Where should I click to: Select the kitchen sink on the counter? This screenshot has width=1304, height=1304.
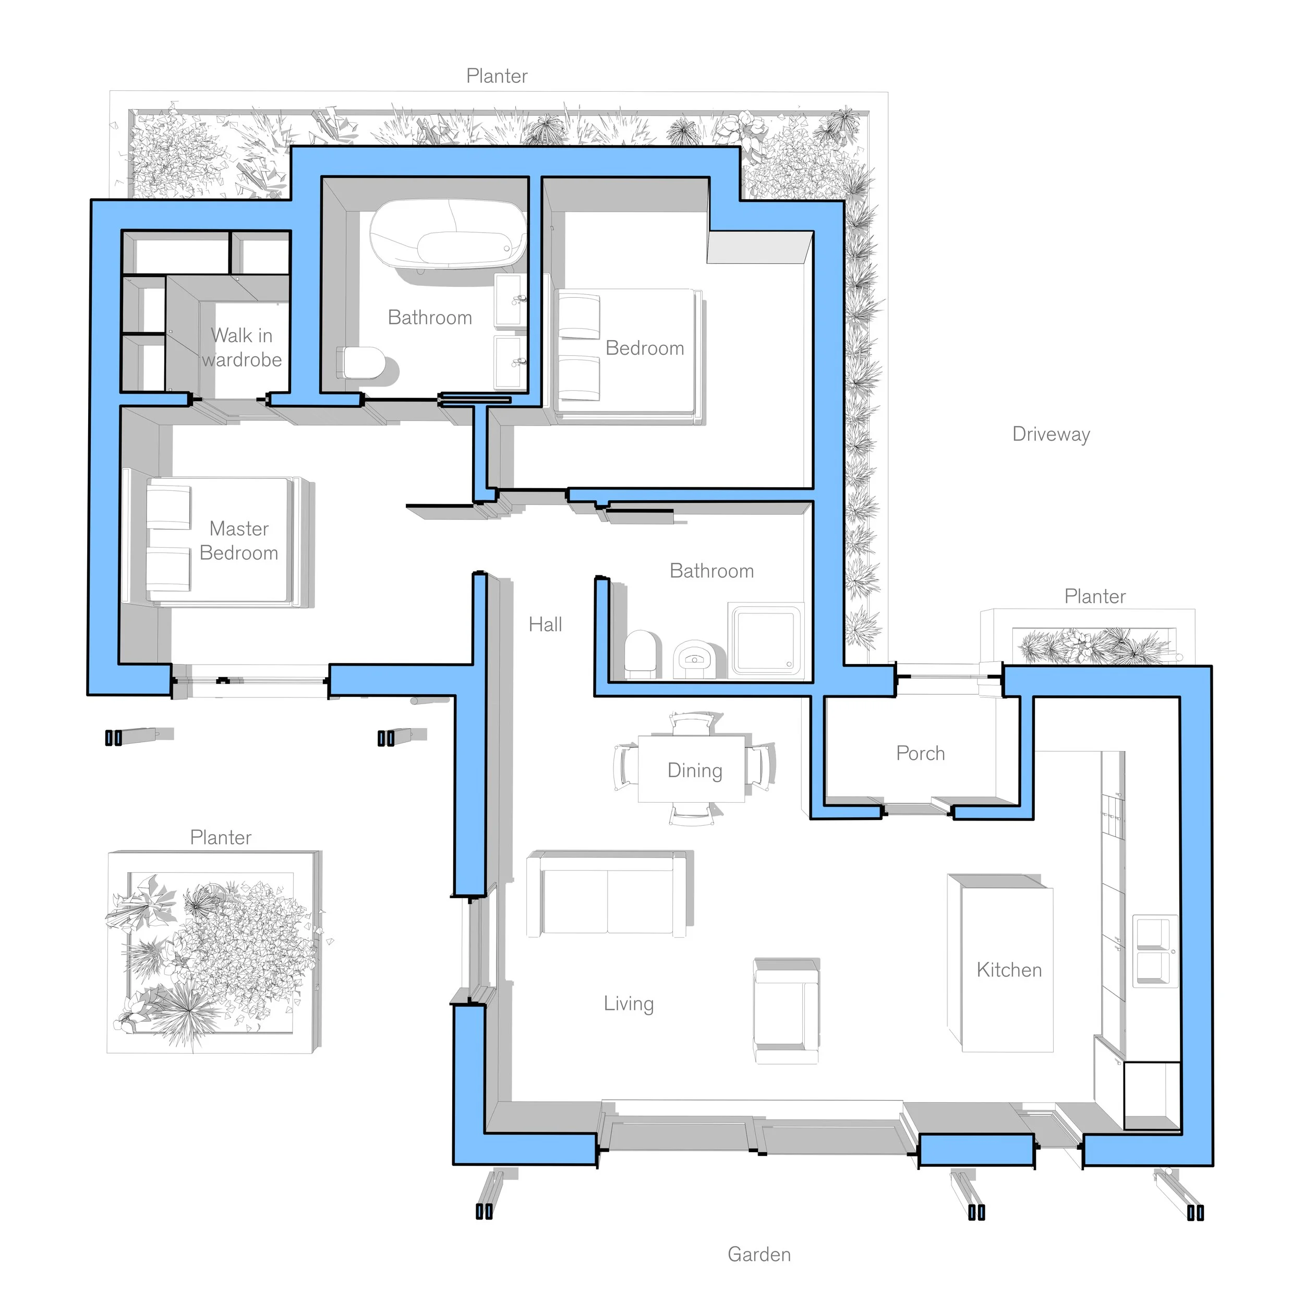click(1155, 951)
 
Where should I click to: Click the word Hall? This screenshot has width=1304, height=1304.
click(545, 624)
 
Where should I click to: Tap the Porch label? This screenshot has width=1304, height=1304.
click(920, 753)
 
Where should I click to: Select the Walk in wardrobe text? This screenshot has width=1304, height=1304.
click(242, 347)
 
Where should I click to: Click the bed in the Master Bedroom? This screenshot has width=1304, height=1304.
click(220, 540)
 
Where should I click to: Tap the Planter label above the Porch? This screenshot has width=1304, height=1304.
click(1094, 596)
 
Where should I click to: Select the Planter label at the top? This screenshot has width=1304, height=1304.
click(497, 76)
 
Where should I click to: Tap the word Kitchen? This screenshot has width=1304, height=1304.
click(1009, 970)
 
